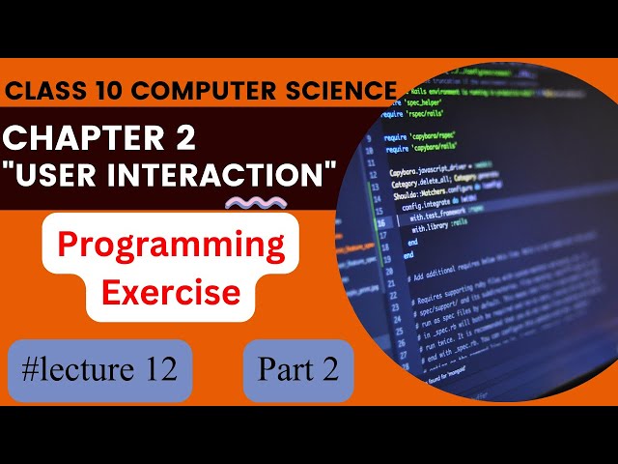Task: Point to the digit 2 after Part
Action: click(329, 370)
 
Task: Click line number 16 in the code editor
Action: click(378, 220)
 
